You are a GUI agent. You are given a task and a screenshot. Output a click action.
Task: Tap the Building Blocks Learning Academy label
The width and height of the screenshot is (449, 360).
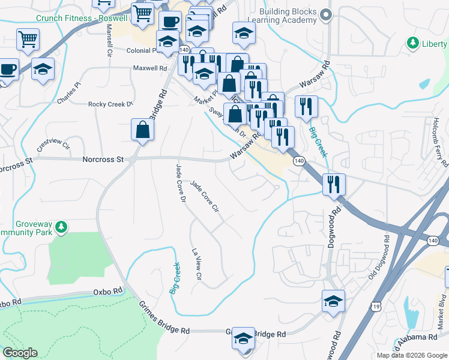[288, 16]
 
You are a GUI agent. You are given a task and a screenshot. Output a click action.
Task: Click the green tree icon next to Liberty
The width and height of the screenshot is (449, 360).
[412, 43]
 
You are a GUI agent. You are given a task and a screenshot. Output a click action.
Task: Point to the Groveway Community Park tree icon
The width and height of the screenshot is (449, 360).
[60, 227]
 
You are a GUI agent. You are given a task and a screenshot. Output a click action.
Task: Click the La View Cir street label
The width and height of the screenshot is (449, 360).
[195, 264]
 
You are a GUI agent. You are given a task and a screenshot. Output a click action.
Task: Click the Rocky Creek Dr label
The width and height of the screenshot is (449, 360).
[110, 104]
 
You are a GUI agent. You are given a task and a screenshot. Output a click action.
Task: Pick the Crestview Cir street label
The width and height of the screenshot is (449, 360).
[53, 145]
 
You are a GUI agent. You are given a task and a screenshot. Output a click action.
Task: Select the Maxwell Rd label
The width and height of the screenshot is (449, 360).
[150, 68]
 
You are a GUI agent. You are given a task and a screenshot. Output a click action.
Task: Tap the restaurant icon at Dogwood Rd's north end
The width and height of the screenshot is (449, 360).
[333, 184]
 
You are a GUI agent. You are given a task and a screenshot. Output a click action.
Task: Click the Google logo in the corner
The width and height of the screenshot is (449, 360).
[20, 353]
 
